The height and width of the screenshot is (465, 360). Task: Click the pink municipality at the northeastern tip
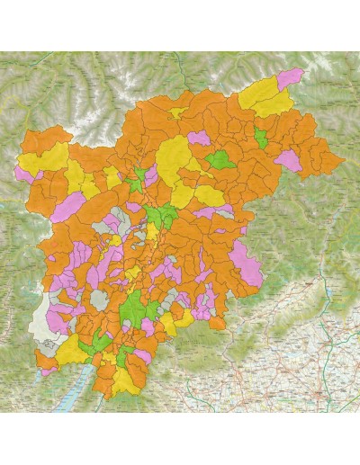[x=290, y=78]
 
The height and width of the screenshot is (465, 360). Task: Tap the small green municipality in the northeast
[x=261, y=139]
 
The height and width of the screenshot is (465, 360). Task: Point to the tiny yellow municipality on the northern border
[x=178, y=113]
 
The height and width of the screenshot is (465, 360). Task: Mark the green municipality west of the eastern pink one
[x=219, y=160]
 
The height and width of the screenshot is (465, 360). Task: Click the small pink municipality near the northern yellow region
[x=199, y=139]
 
